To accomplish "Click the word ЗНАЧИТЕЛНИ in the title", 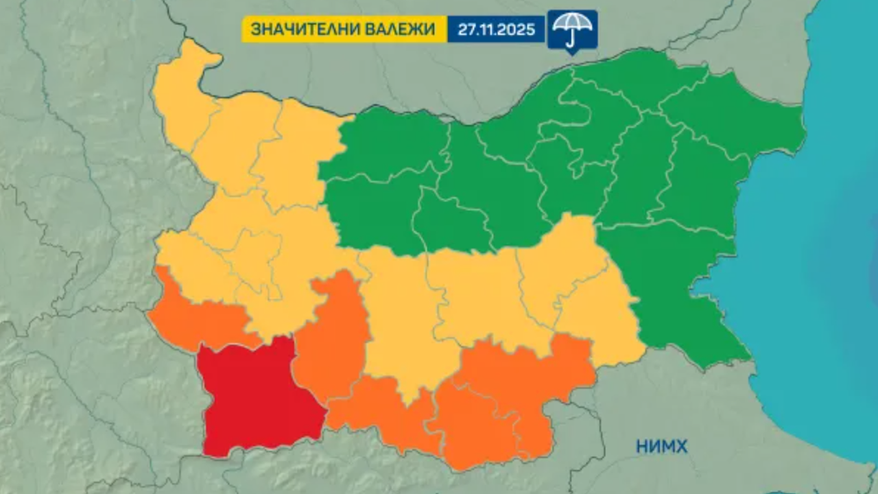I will click(x=297, y=29).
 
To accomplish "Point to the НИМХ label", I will click(x=661, y=447).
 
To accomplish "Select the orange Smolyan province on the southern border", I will click(x=384, y=412).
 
